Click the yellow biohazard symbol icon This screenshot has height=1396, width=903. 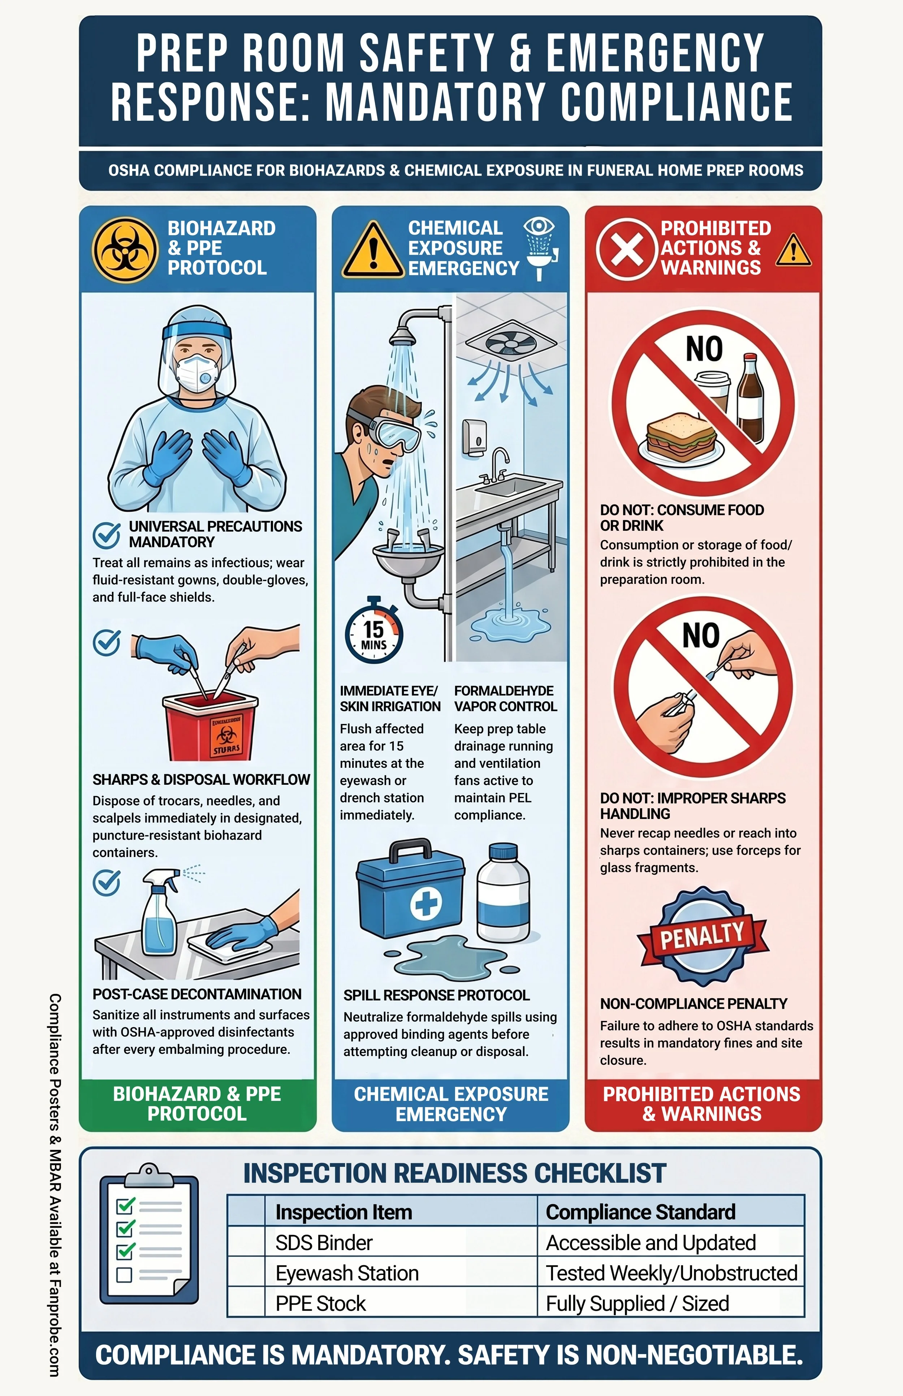click(125, 250)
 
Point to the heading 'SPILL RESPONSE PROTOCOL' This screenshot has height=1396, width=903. click(436, 995)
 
